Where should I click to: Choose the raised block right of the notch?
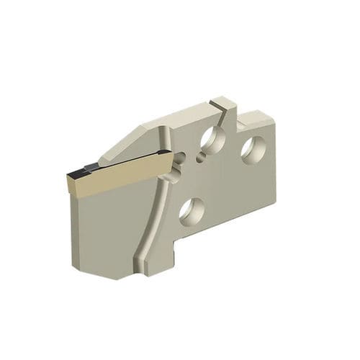256,119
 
